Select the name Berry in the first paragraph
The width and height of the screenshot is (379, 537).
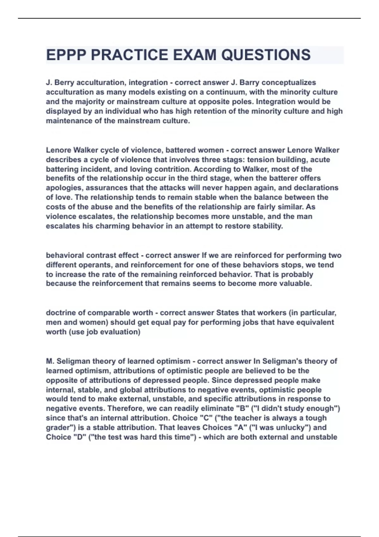point(64,83)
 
